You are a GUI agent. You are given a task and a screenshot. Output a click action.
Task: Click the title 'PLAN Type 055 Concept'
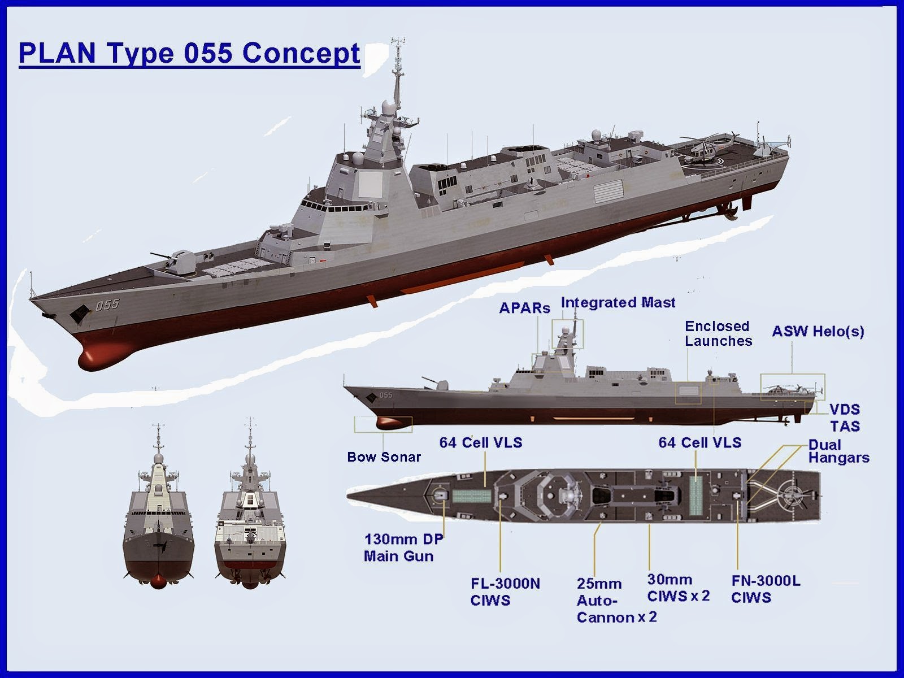pos(189,54)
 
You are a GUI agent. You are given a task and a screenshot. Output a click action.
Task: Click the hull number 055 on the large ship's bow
pos(107,305)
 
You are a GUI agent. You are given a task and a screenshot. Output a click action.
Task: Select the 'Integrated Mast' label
pos(618,303)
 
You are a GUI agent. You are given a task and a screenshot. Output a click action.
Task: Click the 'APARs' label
pos(525,308)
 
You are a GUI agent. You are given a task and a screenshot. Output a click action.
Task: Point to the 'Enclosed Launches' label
pos(718,333)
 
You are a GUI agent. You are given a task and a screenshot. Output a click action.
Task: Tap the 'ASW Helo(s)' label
pos(818,332)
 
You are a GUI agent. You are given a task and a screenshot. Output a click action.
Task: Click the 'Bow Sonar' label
pos(384,457)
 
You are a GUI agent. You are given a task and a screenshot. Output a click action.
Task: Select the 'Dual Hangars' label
pos(838,451)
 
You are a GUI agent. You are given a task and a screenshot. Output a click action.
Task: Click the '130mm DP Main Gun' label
pos(403,547)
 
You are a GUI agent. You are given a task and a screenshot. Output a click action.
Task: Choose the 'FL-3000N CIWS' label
pos(505,592)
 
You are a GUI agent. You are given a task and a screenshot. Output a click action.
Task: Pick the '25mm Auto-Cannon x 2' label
pos(616,601)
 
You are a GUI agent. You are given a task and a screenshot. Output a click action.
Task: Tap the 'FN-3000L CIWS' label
pos(766,589)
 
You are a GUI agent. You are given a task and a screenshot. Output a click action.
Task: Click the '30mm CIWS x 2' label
pos(679,588)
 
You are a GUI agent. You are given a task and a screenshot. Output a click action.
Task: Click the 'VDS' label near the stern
pos(845,409)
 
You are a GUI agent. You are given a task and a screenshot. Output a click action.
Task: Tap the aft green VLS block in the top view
pos(696,496)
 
